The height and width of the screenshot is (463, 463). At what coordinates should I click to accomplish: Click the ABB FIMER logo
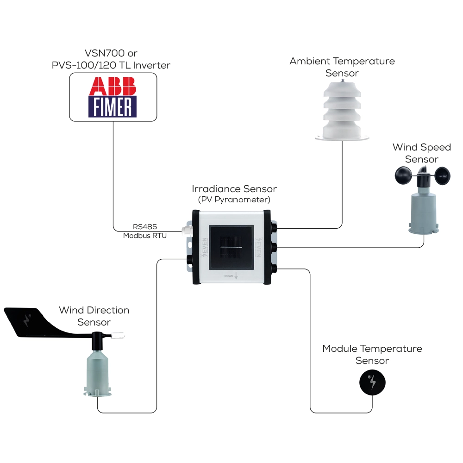pyautogui.click(x=113, y=97)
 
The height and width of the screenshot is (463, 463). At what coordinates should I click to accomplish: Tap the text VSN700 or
pyautogui.click(x=111, y=53)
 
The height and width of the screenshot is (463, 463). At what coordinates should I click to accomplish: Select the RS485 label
pyautogui.click(x=145, y=227)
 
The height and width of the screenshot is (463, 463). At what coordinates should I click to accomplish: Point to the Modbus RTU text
pyautogui.click(x=145, y=236)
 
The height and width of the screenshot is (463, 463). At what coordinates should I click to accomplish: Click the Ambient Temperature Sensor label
pyautogui.click(x=342, y=67)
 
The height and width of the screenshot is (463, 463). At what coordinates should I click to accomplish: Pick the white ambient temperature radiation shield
pyautogui.click(x=342, y=111)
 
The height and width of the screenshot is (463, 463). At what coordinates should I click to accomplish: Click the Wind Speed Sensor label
pyautogui.click(x=422, y=153)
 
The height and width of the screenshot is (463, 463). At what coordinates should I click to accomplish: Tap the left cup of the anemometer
pyautogui.click(x=403, y=175)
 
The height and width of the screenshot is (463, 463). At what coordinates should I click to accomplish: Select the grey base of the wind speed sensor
pyautogui.click(x=423, y=213)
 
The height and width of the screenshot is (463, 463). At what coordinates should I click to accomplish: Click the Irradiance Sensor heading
pyautogui.click(x=234, y=189)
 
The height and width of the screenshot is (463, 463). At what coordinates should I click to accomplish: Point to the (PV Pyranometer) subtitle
pyautogui.click(x=234, y=200)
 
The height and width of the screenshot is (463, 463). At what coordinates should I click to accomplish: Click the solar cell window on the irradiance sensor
pyautogui.click(x=231, y=248)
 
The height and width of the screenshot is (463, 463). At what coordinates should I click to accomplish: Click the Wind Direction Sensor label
pyautogui.click(x=94, y=316)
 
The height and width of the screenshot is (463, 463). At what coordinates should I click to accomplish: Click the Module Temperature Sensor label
pyautogui.click(x=372, y=354)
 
